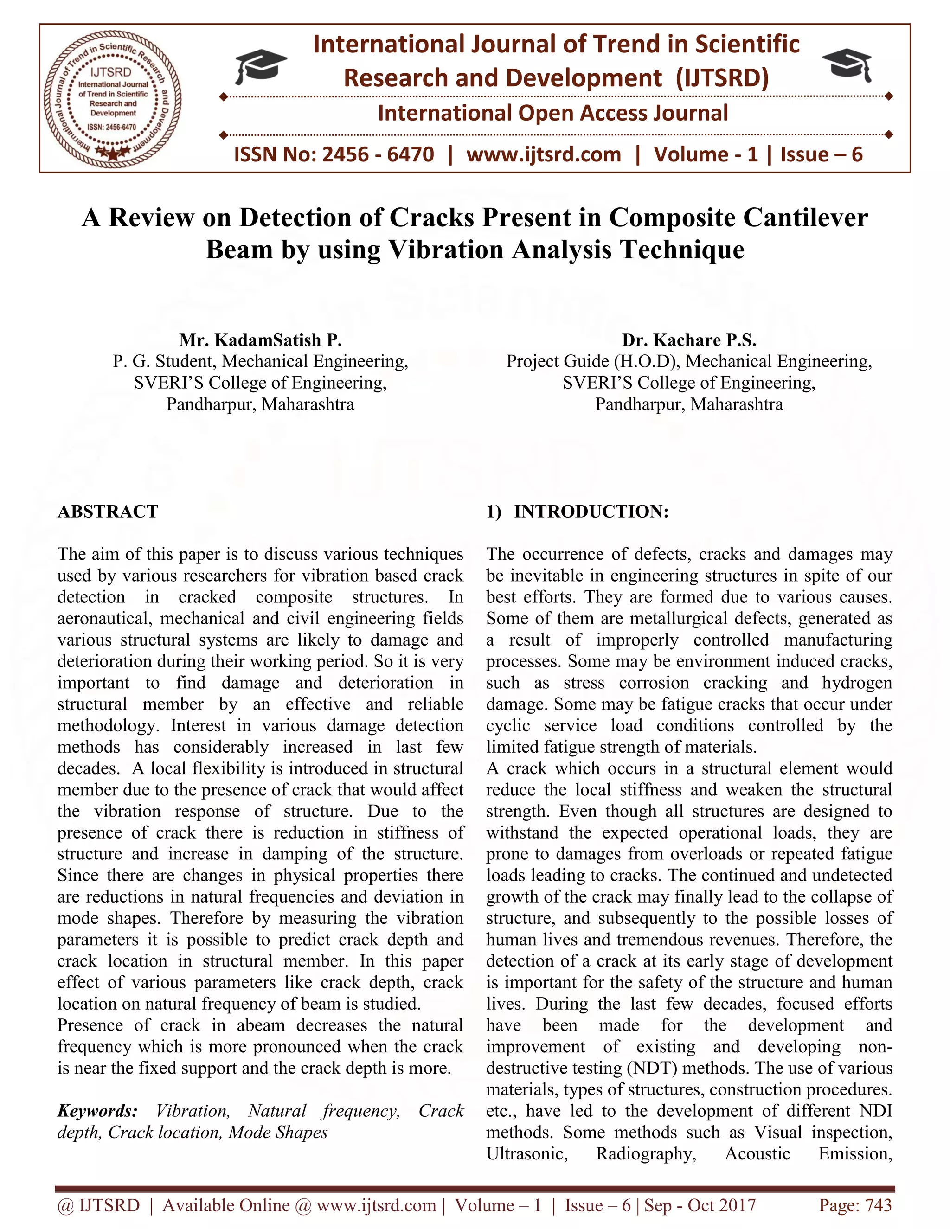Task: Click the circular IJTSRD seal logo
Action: point(113,98)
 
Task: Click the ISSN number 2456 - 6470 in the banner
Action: point(378,154)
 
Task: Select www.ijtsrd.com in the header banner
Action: point(544,154)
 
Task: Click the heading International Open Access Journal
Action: point(552,113)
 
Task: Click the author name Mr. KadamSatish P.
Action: point(260,340)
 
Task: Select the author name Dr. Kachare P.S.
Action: point(689,340)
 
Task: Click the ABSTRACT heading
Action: point(108,511)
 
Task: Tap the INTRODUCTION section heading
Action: point(591,511)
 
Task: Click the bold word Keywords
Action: point(97,1111)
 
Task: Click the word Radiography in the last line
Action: point(646,1153)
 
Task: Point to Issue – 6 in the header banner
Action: point(821,154)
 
